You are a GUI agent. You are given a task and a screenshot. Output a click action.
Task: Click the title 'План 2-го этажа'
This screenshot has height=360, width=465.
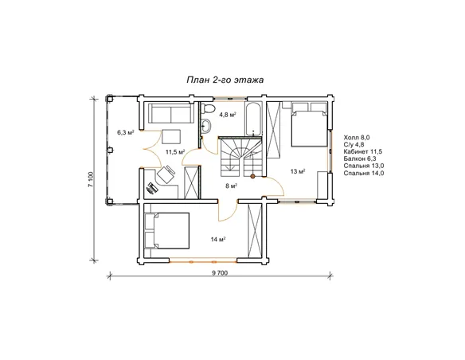[225, 80]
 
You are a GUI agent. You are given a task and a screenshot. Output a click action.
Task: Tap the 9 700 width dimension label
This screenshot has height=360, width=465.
[220, 273]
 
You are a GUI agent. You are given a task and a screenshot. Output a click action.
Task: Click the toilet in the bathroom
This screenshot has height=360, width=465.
[207, 108]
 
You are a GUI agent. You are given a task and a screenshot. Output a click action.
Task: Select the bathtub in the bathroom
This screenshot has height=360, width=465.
[253, 119]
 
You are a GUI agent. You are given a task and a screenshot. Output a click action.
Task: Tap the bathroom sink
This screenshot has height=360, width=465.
[205, 127]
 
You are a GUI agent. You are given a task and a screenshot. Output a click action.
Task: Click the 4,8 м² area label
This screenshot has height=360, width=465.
[228, 115]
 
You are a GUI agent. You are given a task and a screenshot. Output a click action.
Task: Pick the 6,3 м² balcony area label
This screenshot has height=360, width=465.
[126, 132]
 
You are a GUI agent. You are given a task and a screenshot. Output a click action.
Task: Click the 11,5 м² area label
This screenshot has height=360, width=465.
[175, 152]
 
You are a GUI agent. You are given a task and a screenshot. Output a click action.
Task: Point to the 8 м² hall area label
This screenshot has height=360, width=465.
[231, 186]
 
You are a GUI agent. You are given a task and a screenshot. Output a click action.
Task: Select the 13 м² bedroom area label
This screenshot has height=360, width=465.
[298, 171]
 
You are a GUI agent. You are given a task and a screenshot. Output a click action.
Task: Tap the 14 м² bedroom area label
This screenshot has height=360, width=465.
[218, 239]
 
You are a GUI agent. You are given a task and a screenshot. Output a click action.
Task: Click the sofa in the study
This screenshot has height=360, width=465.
[171, 113]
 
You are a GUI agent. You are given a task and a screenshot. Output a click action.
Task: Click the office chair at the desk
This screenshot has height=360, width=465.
[166, 174]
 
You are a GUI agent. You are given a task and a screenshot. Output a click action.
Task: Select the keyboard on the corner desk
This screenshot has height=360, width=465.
[152, 188]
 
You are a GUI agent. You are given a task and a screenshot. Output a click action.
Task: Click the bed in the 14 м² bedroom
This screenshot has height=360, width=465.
[167, 230]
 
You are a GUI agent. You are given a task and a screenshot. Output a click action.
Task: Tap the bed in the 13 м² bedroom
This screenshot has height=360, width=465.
[309, 124]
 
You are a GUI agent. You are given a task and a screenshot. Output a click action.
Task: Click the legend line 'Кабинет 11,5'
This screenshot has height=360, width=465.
[363, 152]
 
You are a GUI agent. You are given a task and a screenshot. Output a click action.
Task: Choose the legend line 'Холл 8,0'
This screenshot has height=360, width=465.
[357, 138]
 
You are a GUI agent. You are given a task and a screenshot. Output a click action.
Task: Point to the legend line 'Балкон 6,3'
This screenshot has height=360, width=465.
[360, 159]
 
